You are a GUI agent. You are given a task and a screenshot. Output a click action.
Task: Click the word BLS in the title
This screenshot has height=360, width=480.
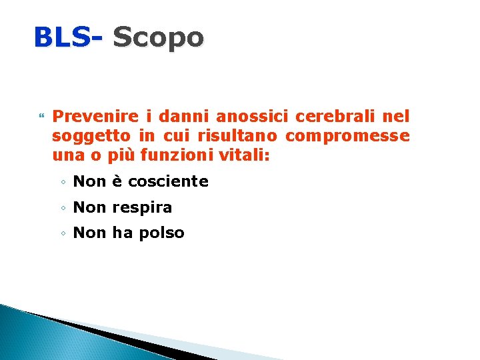pyautogui.click(x=61, y=37)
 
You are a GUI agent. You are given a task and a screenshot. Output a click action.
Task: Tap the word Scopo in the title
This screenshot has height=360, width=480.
pyautogui.click(x=158, y=37)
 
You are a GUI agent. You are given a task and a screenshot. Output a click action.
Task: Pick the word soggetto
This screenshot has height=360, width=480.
pyautogui.click(x=91, y=137)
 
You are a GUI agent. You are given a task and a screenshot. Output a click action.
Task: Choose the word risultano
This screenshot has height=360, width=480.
pyautogui.click(x=239, y=137)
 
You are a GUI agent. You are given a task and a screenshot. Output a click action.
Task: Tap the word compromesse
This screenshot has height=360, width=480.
pyautogui.click(x=347, y=137)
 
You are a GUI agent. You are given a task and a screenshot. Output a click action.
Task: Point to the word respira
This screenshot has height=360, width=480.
pyautogui.click(x=142, y=207)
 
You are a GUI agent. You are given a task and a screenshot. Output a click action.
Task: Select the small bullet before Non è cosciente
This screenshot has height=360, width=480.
pyautogui.click(x=61, y=182)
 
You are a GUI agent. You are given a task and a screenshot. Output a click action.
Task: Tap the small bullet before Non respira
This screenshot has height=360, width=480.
pyautogui.click(x=61, y=208)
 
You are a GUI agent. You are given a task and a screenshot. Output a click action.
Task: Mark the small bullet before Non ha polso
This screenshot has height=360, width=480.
pyautogui.click(x=61, y=233)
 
